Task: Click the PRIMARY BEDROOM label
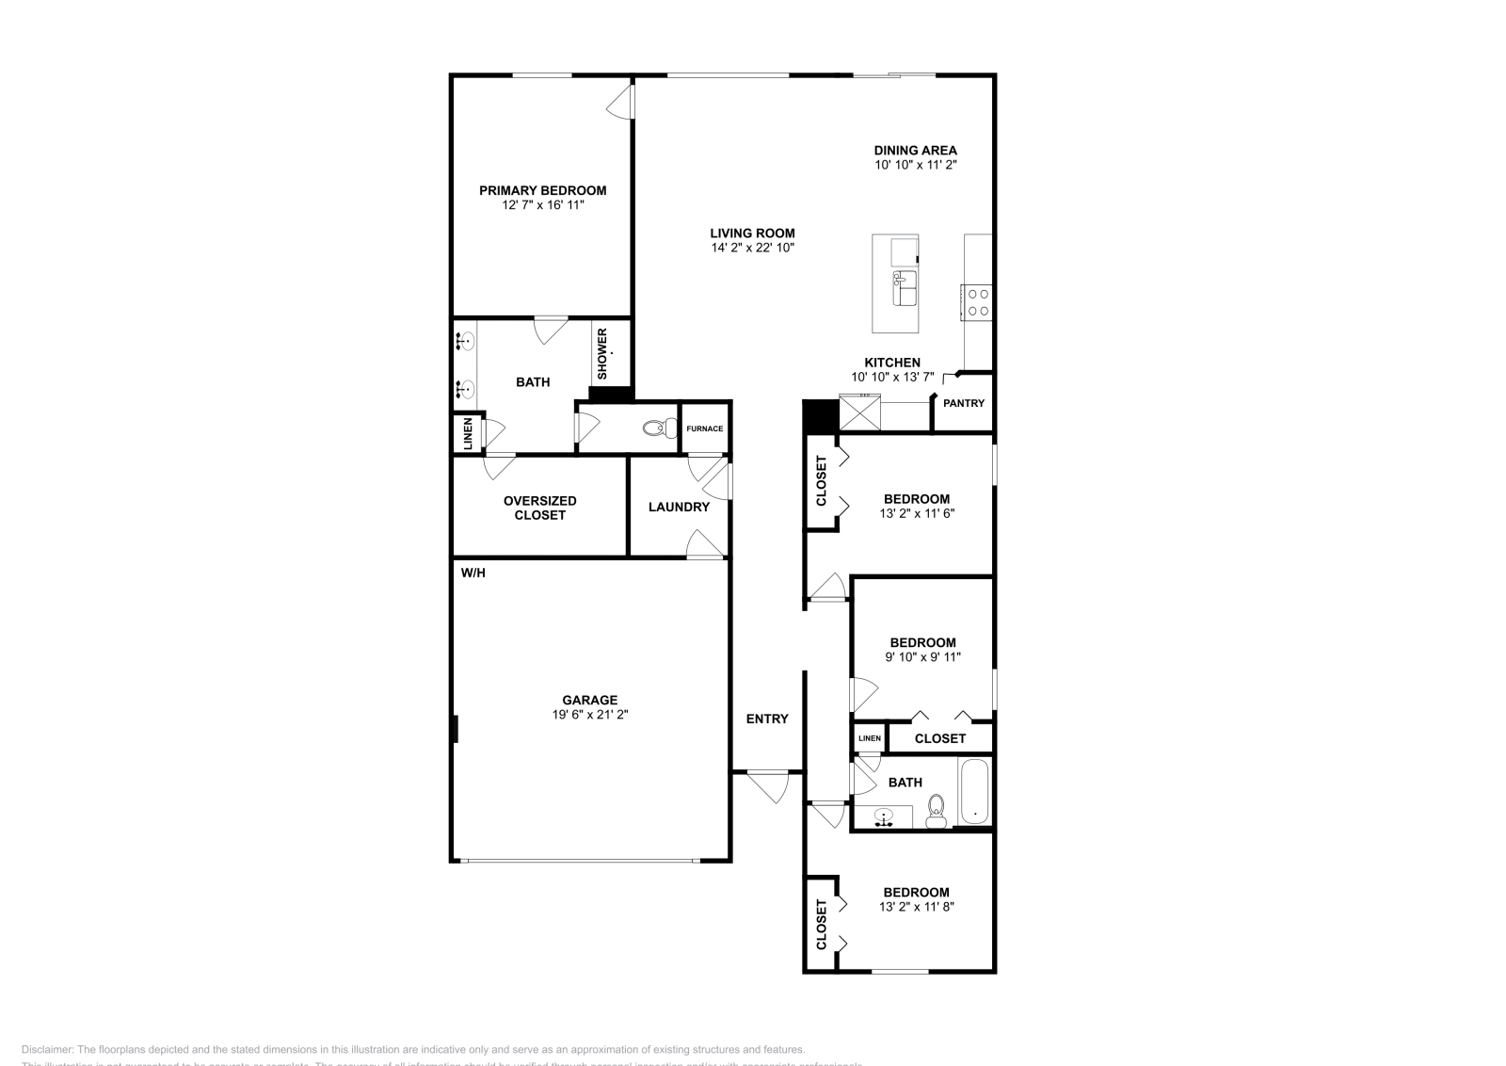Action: click(x=542, y=190)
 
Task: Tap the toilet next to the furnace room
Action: click(x=655, y=429)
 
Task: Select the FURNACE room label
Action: click(x=704, y=429)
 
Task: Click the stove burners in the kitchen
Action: click(x=978, y=301)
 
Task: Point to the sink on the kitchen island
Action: click(x=905, y=288)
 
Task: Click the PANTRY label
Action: click(x=963, y=403)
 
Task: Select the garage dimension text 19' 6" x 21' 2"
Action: click(x=590, y=715)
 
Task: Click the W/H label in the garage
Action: click(x=473, y=573)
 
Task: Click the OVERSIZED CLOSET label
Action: click(x=539, y=508)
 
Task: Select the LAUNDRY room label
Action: click(x=679, y=507)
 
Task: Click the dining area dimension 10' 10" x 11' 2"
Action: click(x=915, y=165)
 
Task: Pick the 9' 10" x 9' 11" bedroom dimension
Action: click(x=922, y=657)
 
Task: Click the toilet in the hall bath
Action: click(x=936, y=810)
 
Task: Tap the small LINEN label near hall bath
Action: click(x=869, y=738)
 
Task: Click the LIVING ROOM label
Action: click(x=752, y=234)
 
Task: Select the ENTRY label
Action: click(x=767, y=719)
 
